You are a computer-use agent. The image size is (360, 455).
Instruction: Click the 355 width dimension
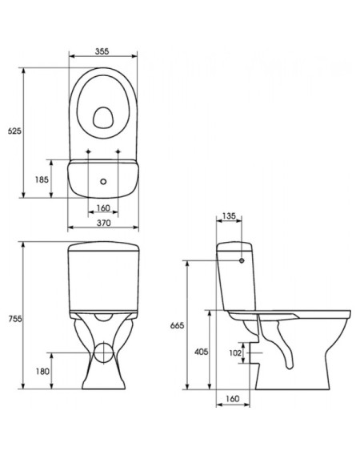click(x=102, y=51)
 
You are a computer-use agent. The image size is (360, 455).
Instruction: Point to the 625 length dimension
click(x=14, y=131)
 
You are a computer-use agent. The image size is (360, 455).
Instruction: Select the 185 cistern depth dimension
click(x=42, y=180)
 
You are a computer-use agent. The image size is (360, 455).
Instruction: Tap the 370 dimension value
click(x=103, y=223)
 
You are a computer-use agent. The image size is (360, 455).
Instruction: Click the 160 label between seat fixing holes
click(x=103, y=208)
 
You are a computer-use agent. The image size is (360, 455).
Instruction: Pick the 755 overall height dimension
click(x=15, y=319)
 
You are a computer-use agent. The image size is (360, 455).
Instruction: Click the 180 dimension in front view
click(x=42, y=372)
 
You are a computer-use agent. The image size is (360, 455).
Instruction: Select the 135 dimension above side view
click(x=229, y=216)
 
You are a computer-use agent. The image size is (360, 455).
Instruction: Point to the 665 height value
click(x=177, y=325)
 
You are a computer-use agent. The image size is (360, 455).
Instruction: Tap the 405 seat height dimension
click(x=201, y=352)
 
